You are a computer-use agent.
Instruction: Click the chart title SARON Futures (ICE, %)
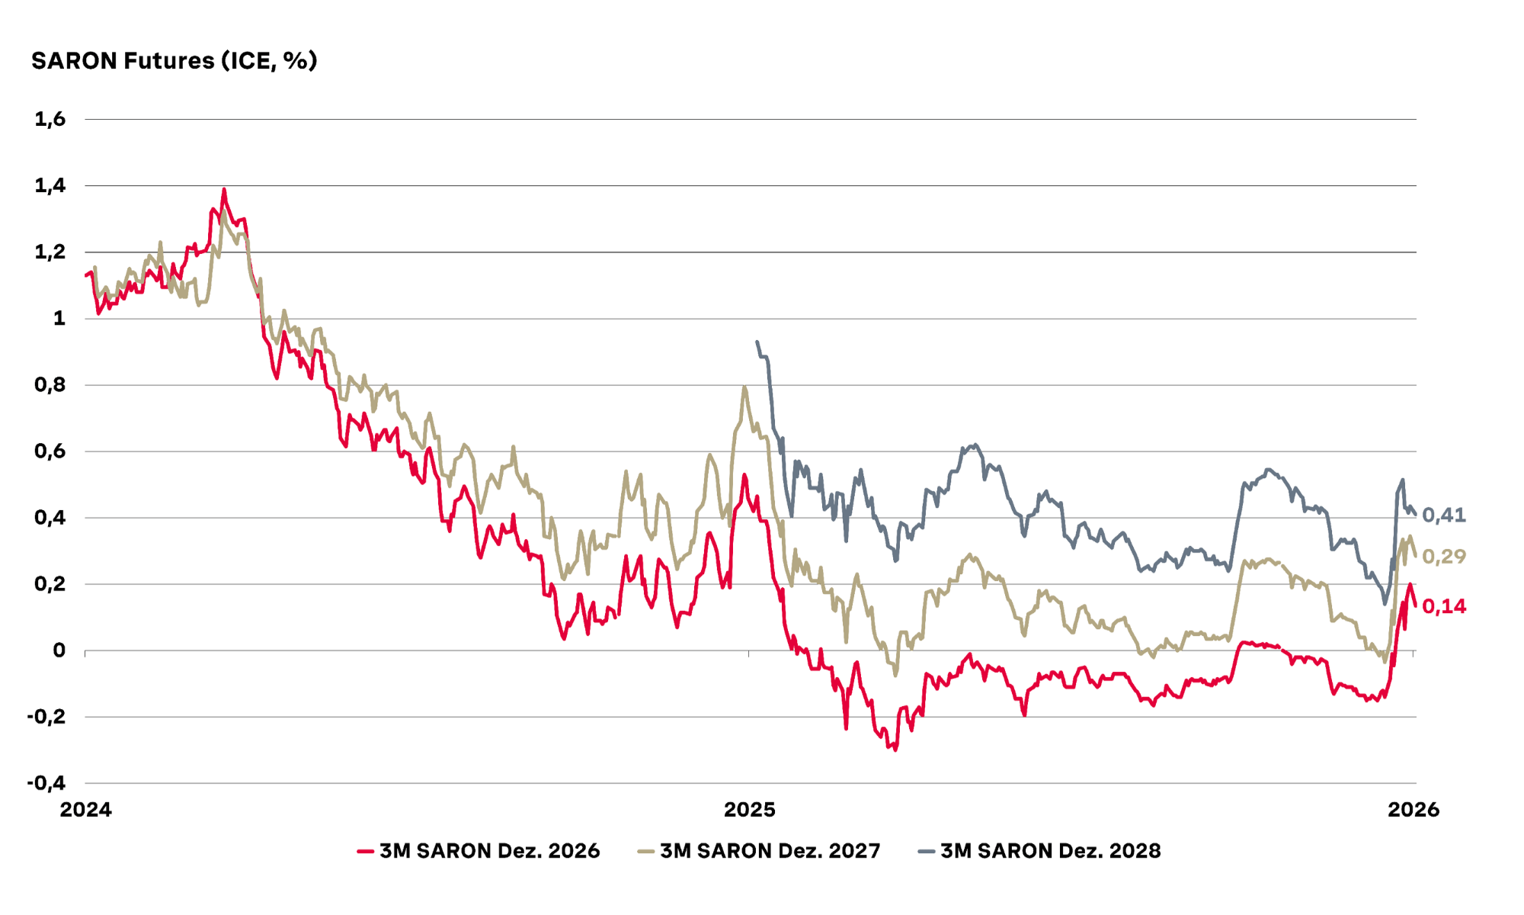[174, 61]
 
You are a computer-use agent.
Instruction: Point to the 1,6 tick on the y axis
[50, 119]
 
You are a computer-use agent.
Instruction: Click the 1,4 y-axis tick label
[50, 185]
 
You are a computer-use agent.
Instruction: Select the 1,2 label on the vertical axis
[50, 252]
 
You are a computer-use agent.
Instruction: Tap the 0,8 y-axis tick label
[50, 385]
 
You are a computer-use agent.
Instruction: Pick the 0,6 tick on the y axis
[50, 451]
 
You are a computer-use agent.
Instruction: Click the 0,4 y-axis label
[50, 518]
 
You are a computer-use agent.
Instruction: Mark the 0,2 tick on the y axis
[50, 584]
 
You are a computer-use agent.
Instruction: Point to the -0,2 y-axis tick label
[46, 717]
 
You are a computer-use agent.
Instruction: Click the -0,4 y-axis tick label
[46, 783]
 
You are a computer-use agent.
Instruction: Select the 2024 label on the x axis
[85, 810]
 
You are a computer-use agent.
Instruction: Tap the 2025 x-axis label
[750, 810]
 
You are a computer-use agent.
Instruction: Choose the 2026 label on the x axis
[1414, 810]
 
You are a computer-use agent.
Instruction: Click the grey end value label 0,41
[1444, 515]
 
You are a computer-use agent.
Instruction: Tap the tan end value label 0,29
[1444, 557]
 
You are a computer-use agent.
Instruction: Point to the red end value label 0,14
[1444, 606]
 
